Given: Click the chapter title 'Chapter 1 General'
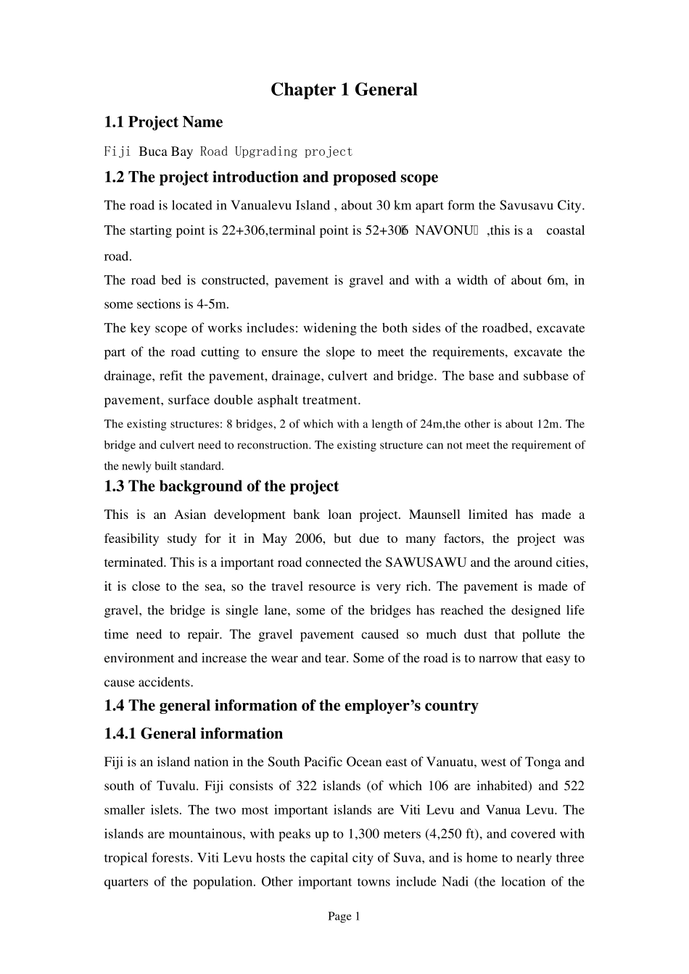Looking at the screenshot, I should click(344, 90).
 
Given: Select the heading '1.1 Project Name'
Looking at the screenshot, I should click(163, 122).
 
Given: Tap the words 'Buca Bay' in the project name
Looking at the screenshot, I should click(165, 151).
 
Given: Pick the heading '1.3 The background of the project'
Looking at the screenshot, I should click(221, 486).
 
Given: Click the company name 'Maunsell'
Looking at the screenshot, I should click(435, 515).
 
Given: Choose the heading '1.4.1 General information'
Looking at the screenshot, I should click(193, 733).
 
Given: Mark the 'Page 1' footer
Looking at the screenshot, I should click(344, 917).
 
